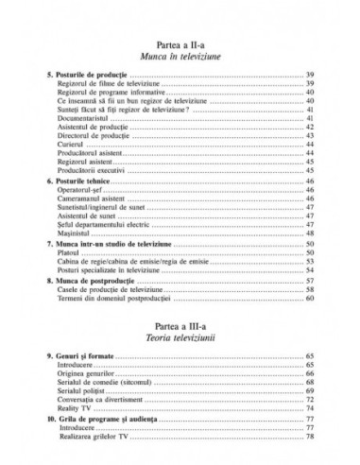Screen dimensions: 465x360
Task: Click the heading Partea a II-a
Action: click(180, 45)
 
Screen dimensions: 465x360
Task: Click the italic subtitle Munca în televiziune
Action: click(180, 58)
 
